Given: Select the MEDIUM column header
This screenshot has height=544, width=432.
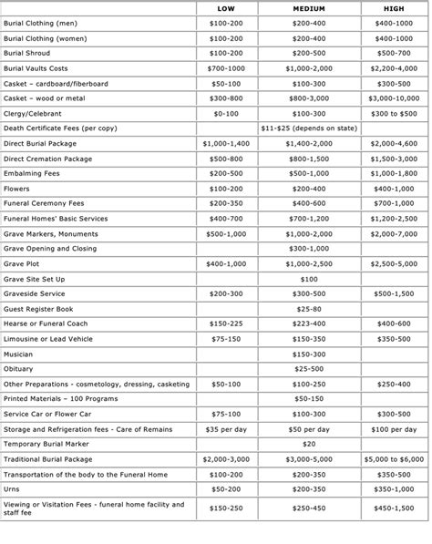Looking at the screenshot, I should click(x=308, y=7).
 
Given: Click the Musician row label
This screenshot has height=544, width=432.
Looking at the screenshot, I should click(x=18, y=354).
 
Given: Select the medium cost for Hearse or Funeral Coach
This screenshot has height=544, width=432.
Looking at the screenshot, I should click(x=308, y=323).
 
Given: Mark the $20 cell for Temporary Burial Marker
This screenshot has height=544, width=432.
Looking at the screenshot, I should click(x=308, y=444).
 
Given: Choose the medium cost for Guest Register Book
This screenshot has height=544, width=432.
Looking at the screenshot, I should click(x=308, y=308).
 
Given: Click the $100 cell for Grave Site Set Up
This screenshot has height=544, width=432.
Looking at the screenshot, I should click(x=308, y=278).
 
